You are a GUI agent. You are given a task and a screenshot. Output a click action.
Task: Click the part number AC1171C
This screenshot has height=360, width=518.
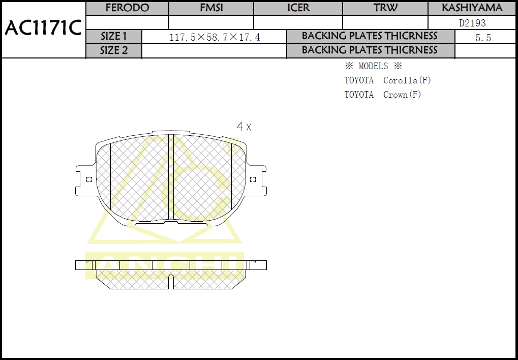(x=43, y=28)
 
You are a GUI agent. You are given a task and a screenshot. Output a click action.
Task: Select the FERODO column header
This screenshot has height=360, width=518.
(x=127, y=8)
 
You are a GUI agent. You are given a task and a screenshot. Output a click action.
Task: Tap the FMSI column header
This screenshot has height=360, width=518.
(x=211, y=8)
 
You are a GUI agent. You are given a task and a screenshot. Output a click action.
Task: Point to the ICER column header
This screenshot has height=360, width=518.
(x=298, y=8)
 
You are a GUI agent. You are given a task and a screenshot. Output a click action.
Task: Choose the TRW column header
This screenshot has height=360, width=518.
(x=385, y=8)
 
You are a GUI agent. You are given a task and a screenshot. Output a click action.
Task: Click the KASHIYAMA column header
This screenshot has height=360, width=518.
(x=472, y=8)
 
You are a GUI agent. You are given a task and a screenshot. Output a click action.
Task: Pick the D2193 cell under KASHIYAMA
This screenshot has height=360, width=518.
(x=472, y=23)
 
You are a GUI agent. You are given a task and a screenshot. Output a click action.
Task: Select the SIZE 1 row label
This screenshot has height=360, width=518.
(x=114, y=36)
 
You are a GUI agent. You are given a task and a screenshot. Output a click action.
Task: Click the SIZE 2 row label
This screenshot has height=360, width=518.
(x=114, y=50)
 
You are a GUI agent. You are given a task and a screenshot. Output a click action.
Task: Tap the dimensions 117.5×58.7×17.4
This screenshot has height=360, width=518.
(x=215, y=37)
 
